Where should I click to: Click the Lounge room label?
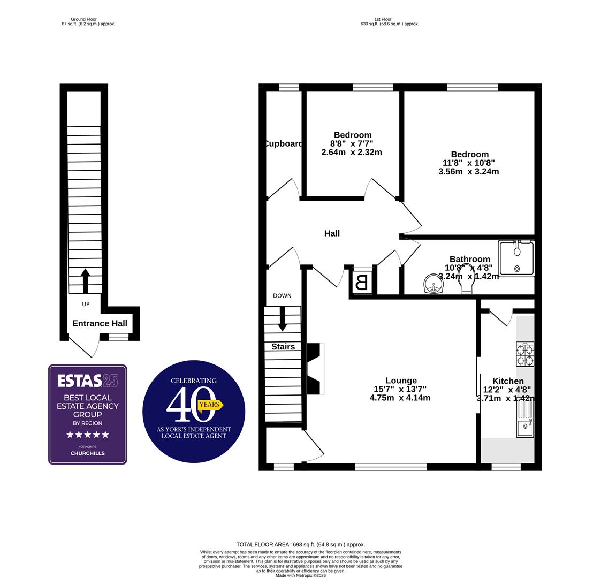tap(400, 381)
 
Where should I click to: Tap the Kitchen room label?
tap(507, 381)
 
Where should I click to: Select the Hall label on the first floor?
tap(332, 233)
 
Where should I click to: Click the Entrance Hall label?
tap(100, 323)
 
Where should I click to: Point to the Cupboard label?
tap(283, 143)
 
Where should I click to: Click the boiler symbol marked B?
tap(362, 282)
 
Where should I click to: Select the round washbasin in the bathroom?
tap(433, 284)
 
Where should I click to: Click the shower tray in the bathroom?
tap(516, 258)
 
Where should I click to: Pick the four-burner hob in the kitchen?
tap(524, 354)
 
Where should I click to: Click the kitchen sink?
tap(525, 428)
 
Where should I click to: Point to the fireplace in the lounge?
tap(314, 369)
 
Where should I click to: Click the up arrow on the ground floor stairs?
tap(85, 280)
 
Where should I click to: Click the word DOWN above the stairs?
tap(282, 295)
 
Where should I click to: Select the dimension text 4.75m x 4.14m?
tap(400, 398)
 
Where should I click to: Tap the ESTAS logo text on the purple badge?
tap(80, 381)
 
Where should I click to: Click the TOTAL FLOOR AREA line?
tap(301, 544)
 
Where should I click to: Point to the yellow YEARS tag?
tap(210, 405)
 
